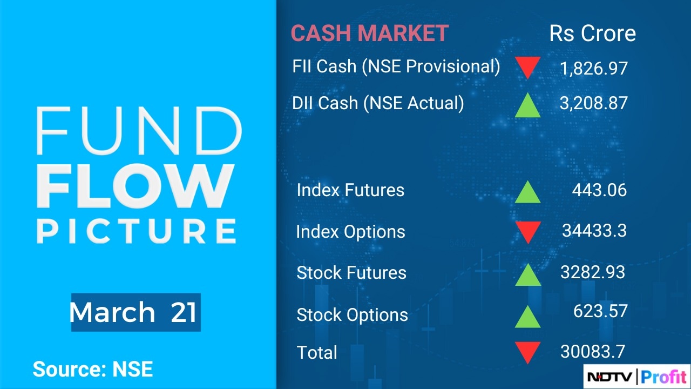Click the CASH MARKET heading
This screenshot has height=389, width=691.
[x=370, y=33]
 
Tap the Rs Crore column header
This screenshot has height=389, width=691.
[x=593, y=33]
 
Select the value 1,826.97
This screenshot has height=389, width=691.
[x=593, y=68]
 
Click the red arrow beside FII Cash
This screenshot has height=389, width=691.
[x=528, y=68]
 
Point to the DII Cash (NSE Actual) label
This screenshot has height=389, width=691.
[x=378, y=103]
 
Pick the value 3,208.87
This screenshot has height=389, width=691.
[x=593, y=103]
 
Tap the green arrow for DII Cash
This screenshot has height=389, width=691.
[x=528, y=105]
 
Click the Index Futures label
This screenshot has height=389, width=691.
[x=350, y=190]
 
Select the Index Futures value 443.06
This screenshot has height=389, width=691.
[x=599, y=190]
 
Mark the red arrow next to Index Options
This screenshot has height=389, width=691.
[x=528, y=232]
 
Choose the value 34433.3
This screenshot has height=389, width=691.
[x=594, y=231]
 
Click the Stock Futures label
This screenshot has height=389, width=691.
[x=351, y=273]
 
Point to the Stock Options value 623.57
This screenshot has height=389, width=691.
[x=600, y=311]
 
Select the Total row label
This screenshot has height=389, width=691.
[x=317, y=352]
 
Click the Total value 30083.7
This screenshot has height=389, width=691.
[x=593, y=352]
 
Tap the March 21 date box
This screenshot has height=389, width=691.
[x=136, y=312]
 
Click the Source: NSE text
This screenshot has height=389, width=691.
[x=93, y=369]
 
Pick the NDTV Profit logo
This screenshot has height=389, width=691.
[x=636, y=377]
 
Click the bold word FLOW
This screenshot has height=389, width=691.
[x=135, y=186]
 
